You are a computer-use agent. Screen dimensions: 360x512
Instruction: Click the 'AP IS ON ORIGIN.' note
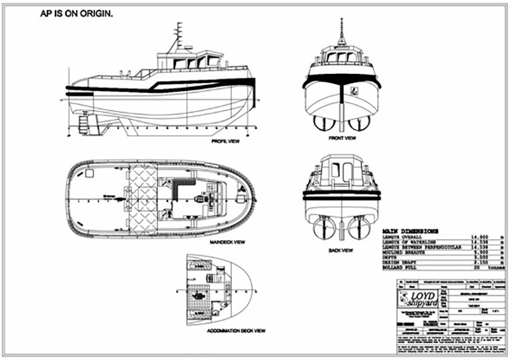76,14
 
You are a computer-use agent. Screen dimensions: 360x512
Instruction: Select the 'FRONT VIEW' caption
344,139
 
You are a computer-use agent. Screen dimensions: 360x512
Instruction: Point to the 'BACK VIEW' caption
341,250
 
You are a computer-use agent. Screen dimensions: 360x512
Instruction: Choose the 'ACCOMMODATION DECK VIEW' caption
237,331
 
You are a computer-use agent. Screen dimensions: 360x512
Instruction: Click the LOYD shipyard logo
418,299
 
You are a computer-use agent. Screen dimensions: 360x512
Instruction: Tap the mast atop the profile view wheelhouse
176,37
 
